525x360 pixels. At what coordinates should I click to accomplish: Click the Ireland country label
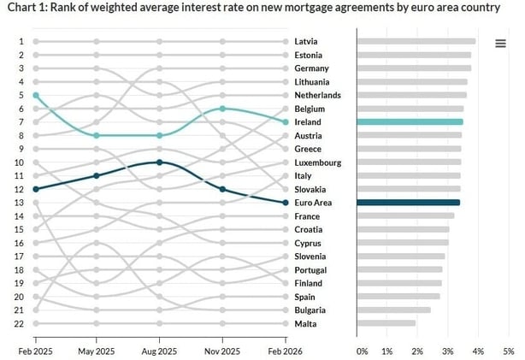[307, 122]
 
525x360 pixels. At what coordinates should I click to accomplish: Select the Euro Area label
[312, 203]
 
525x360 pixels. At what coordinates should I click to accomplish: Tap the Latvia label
[305, 41]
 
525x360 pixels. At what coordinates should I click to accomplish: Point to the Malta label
[305, 324]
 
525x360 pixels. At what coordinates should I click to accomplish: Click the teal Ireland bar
[410, 122]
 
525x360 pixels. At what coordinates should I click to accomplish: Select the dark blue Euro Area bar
[408, 203]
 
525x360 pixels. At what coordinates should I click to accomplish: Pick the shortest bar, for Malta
[386, 324]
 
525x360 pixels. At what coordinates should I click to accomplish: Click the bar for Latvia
[416, 41]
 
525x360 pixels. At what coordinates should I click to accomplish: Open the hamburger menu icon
[500, 44]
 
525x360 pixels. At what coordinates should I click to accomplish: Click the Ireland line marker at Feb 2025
[35, 95]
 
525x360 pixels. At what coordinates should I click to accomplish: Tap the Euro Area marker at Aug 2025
[160, 162]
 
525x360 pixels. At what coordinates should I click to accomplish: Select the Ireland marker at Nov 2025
[222, 109]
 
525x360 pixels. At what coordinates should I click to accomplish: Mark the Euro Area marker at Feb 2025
[35, 189]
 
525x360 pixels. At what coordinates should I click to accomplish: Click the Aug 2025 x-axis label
[160, 351]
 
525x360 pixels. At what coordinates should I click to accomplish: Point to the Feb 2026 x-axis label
[284, 351]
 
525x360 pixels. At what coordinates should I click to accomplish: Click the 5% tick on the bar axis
[508, 351]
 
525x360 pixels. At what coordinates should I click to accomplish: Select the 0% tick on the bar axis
[362, 351]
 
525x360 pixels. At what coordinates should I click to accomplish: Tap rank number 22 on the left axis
[20, 324]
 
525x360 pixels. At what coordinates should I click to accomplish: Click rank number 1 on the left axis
[21, 41]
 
